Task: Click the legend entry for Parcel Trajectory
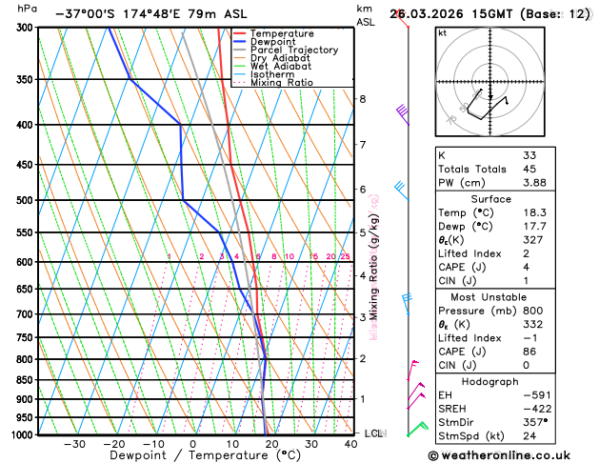293,50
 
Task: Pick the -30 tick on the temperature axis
74,443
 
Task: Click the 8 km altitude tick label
362,99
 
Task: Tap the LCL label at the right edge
373,433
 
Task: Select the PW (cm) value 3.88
534,183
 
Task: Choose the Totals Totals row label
469,169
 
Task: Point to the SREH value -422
537,408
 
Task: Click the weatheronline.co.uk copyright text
511,454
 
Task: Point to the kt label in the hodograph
442,32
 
